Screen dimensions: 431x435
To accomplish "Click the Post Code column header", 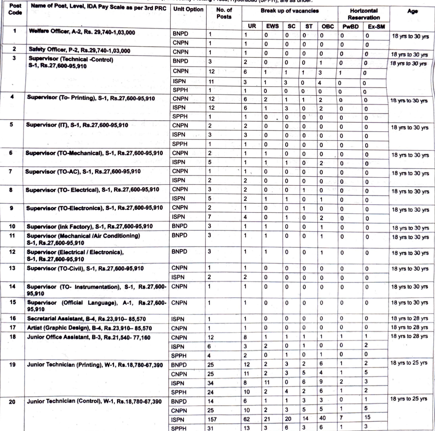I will [x=15, y=9].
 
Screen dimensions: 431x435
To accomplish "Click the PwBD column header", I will [x=350, y=26].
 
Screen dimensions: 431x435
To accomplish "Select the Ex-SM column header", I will [x=376, y=26].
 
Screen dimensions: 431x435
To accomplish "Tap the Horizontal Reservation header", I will [x=363, y=14].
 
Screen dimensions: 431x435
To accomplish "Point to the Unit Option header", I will [x=188, y=9].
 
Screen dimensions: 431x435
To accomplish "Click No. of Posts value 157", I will [x=212, y=419].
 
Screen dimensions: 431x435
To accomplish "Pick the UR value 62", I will [x=247, y=419].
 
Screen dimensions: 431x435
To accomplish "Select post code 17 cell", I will [x=12, y=327].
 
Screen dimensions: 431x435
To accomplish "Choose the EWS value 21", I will [x=267, y=419].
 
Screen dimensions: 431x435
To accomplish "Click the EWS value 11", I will [x=267, y=382].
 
